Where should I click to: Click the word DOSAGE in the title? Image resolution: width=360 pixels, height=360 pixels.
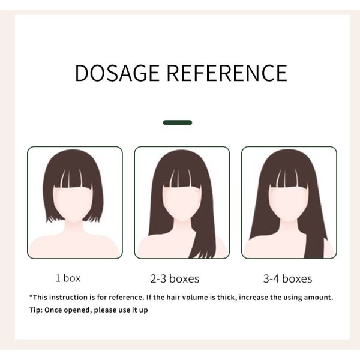pos(117,73)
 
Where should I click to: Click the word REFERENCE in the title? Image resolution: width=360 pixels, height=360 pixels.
pos(227,73)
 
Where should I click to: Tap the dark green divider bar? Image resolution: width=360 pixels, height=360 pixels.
pos(178,122)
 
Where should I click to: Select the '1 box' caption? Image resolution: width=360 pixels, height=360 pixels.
pos(68,278)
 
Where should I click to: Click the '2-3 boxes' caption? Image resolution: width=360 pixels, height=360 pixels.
pos(175,279)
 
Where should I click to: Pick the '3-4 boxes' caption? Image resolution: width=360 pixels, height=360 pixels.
pos(287,279)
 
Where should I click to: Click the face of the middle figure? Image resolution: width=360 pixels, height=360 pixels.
pos(182,203)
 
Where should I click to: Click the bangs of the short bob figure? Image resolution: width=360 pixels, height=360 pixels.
pos(73,178)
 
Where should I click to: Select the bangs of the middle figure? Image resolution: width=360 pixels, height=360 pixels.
pos(182,178)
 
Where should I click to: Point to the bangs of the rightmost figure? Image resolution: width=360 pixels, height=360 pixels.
pos(289,178)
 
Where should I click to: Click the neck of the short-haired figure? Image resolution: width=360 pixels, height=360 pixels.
pos(73,227)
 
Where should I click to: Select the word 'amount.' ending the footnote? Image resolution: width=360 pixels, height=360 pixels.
pos(319,298)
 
